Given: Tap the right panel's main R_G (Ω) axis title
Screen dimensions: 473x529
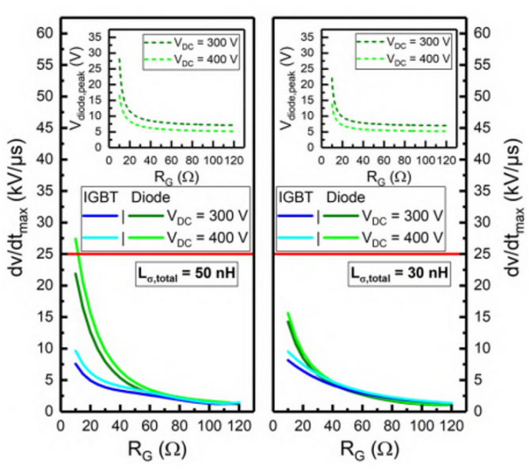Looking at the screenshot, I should click(x=370, y=448).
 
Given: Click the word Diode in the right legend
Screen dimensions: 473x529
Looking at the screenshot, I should click(x=348, y=196).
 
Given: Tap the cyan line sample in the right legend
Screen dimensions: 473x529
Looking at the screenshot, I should click(x=296, y=236).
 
